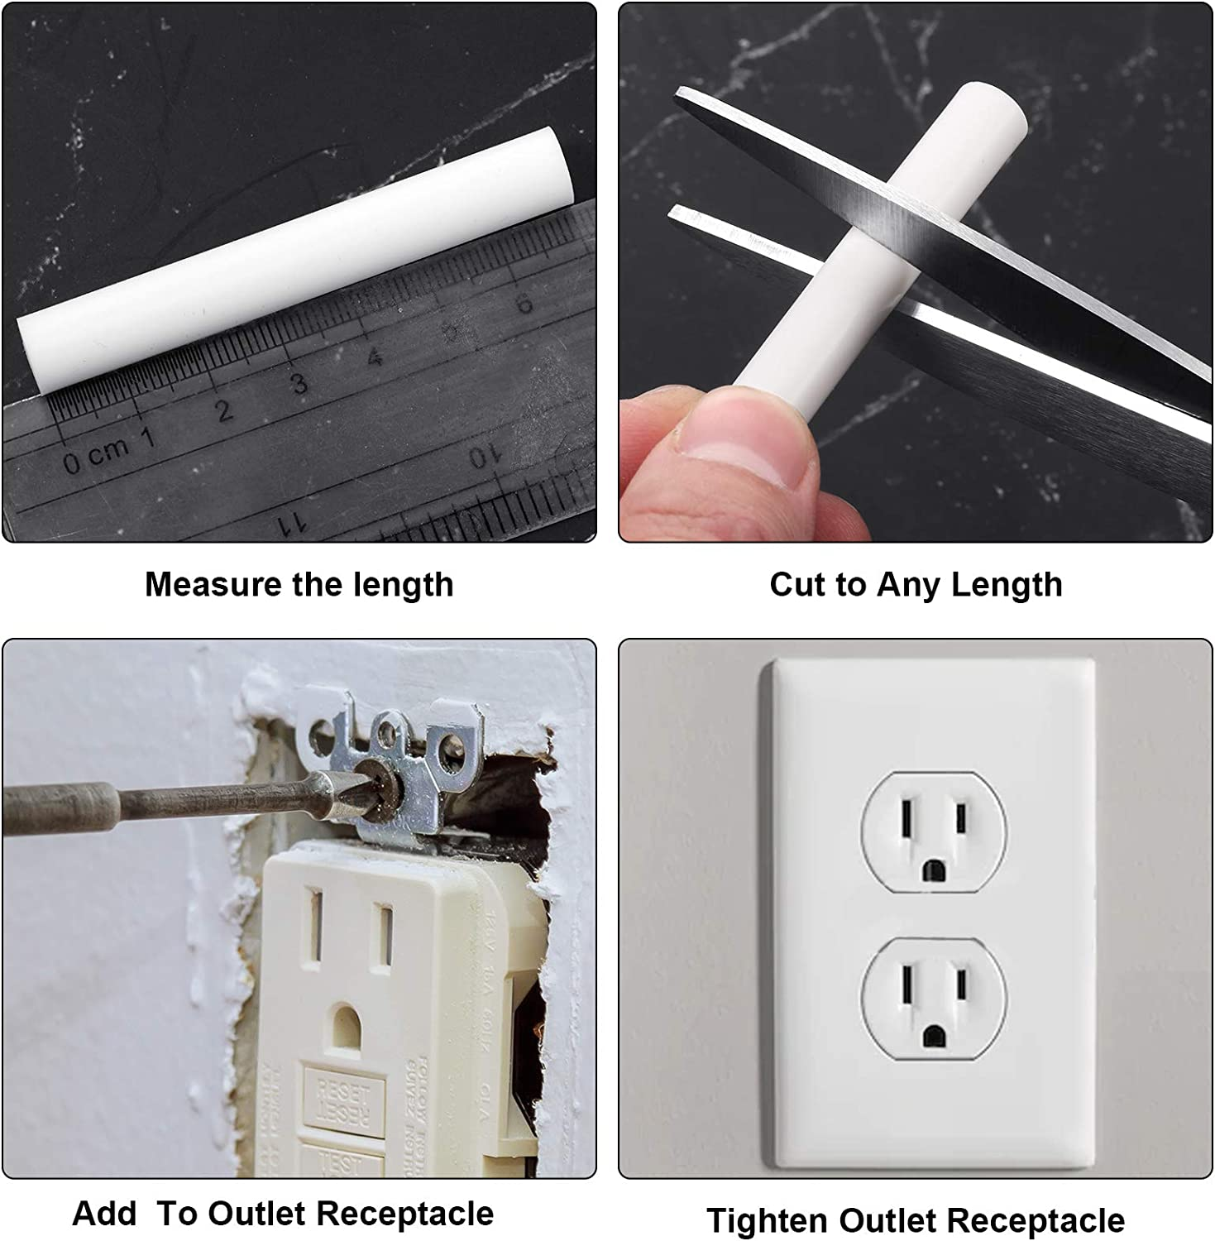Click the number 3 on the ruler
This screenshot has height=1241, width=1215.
(299, 383)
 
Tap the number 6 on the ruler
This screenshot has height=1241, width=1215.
(524, 304)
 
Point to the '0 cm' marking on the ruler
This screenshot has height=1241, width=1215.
(96, 455)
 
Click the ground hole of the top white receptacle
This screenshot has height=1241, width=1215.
(934, 870)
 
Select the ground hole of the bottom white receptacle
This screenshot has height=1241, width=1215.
(934, 1034)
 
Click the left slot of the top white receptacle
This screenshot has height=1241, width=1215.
(907, 819)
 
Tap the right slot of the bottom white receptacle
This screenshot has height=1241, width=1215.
(960, 985)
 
